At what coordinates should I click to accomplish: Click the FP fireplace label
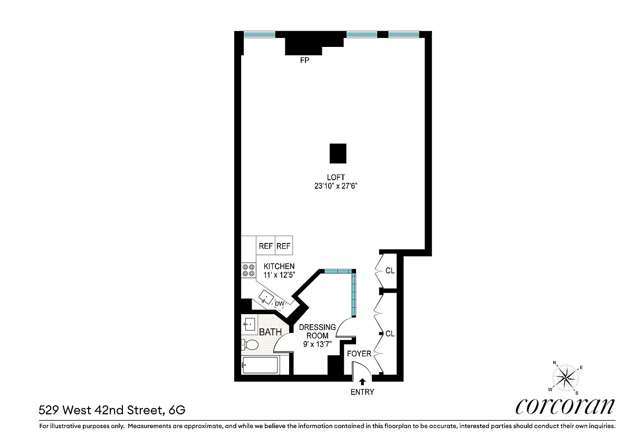pos(304,60)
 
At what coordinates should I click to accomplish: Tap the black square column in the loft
pos(338,153)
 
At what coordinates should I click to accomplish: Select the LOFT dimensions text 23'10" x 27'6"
pos(335,186)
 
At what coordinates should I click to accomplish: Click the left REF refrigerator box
pos(266,246)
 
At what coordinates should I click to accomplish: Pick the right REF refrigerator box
pos(284,246)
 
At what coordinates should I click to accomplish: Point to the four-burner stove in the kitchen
pos(248,270)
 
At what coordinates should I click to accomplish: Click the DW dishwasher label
pos(279,304)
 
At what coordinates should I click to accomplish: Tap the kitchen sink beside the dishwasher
pos(266,297)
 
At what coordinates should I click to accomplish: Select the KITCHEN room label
pos(279,266)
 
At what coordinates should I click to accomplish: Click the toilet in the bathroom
pos(250,345)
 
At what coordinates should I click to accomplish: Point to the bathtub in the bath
pos(260,365)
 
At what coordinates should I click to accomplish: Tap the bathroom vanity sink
pos(249,325)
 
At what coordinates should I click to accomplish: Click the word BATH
pos(270,332)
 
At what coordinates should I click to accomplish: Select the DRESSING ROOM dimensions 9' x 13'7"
pos(317,344)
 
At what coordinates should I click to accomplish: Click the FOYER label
pos(359,354)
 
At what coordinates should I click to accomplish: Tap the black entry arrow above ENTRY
pos(362,382)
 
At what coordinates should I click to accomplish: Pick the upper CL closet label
pos(390,270)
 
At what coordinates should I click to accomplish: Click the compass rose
pos(565,378)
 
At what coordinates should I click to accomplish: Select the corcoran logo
pos(565,406)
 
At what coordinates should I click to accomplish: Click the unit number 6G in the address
pos(177,410)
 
